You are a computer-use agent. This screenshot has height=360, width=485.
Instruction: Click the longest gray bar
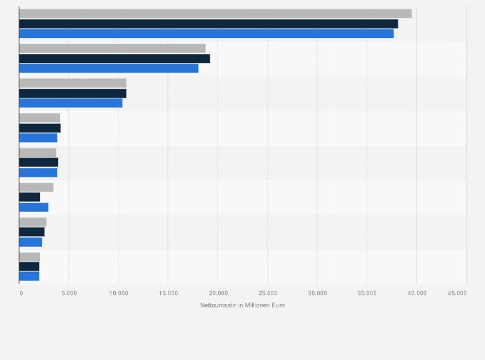(215, 14)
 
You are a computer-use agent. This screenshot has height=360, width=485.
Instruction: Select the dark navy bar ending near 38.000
(208, 24)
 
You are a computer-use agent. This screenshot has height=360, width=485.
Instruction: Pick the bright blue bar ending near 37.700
(206, 33)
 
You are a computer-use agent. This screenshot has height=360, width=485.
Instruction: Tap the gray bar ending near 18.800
(113, 48)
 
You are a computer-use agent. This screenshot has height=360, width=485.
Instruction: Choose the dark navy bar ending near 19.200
(114, 59)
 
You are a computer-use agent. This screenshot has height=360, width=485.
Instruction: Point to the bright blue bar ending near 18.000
(109, 68)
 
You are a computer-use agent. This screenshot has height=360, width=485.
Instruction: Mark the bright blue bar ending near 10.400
(71, 103)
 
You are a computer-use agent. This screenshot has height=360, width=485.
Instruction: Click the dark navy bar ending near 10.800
(73, 93)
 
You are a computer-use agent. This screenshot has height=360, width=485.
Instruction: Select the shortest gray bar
(30, 256)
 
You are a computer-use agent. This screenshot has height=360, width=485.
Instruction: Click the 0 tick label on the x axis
(21, 293)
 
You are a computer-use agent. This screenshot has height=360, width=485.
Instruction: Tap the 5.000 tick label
(69, 293)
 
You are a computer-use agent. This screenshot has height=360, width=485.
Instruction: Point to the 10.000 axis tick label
(118, 293)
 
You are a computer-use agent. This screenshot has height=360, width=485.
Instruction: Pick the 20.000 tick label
(217, 293)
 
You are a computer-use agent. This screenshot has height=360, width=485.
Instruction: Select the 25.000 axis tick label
(268, 293)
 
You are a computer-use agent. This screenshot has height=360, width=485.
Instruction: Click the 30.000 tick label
(317, 293)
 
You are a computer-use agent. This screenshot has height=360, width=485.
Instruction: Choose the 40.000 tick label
(416, 293)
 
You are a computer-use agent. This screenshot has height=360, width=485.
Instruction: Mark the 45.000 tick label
(457, 293)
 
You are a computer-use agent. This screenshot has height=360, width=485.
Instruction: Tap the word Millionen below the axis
(257, 305)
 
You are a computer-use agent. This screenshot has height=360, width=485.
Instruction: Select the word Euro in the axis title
(278, 305)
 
